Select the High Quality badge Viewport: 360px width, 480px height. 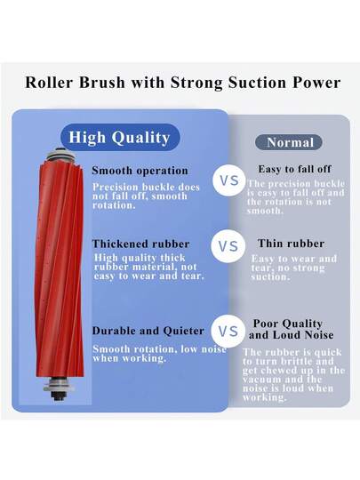click(119, 137)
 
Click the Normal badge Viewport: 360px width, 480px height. click(290, 142)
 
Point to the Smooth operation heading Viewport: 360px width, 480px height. click(140, 170)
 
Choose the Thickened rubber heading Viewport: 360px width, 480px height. click(140, 243)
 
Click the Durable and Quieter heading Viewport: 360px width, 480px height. click(148, 331)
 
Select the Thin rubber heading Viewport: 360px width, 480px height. click(290, 243)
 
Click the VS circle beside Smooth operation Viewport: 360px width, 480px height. click(229, 180)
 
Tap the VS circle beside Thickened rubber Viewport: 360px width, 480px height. click(229, 246)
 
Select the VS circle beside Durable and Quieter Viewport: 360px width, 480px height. click(229, 331)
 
